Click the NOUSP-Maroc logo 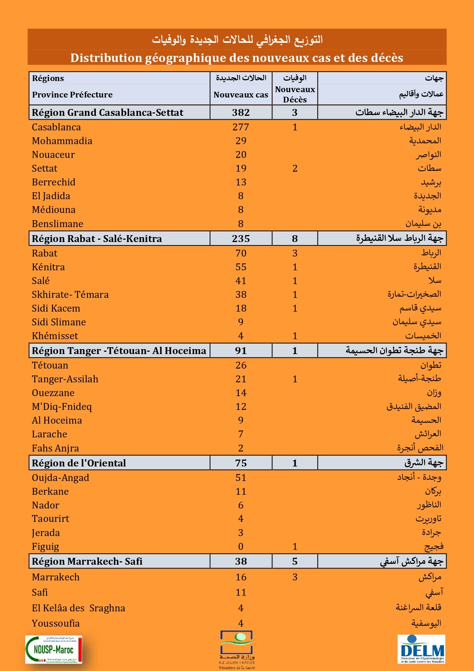tap(53, 649)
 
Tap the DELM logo tap(421, 649)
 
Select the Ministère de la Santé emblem tap(237, 649)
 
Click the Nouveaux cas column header tap(241, 94)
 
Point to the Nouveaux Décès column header tap(295, 94)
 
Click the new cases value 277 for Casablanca tap(241, 127)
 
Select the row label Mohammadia tap(62, 141)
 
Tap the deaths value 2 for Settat tap(295, 168)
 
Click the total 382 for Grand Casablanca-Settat tap(241, 112)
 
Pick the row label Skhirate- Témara tap(70, 294)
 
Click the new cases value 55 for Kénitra tap(241, 267)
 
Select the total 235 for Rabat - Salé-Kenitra tap(241, 239)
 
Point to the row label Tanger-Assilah tap(65, 379)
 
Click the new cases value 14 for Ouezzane tap(241, 393)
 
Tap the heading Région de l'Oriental tap(79, 463)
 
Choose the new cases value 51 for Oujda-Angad tap(241, 478)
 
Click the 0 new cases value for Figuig tap(241, 546)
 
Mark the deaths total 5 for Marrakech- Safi tap(295, 561)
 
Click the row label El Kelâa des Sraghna tap(78, 608)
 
